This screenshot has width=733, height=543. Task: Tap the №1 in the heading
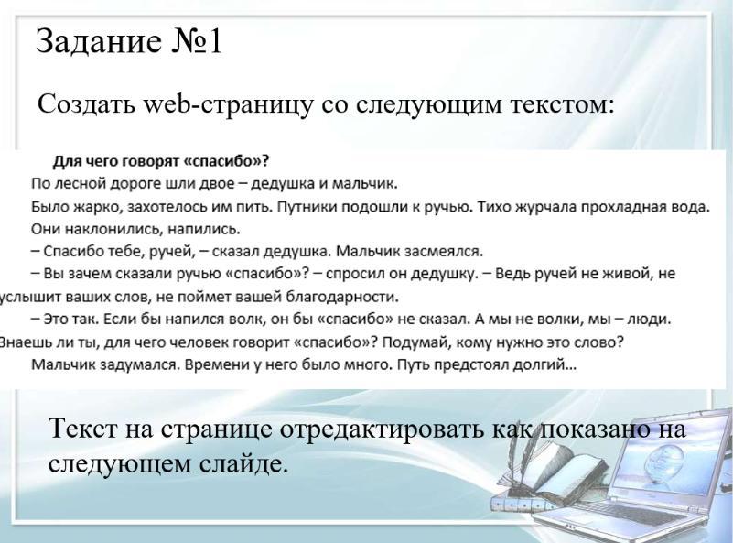[197, 41]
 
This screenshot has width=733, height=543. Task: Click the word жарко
[98, 207]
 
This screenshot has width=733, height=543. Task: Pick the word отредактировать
[383, 429]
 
